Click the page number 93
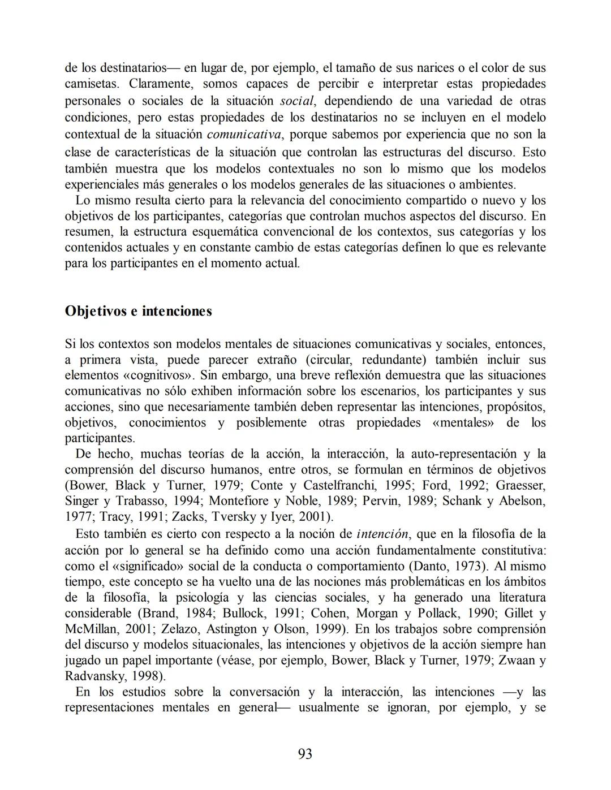click(304, 754)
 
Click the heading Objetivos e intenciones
click(139, 312)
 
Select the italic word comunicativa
click(244, 135)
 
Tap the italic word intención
click(382, 534)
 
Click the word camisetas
click(92, 84)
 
